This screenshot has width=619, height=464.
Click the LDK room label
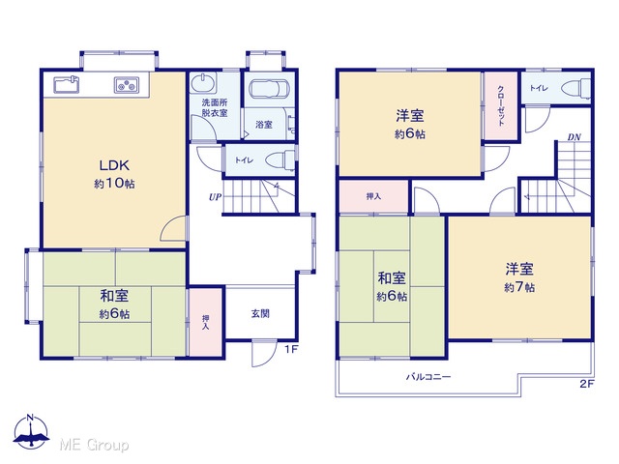114,165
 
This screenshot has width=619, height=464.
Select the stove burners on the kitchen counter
127,85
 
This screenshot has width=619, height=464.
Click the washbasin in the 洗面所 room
203,82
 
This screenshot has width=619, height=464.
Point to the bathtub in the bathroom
269,89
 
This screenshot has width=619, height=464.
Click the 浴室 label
264,125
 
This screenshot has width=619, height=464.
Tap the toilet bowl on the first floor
280,161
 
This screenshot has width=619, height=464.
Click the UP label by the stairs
215,197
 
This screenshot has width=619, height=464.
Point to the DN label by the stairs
574,137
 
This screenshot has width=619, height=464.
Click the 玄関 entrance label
260,313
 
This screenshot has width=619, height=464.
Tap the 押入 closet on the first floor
205,322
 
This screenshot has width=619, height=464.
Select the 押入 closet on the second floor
373,196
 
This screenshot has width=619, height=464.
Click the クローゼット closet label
501,105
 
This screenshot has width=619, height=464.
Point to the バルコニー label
428,377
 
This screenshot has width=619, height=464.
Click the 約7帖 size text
519,287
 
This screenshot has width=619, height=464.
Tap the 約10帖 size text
114,184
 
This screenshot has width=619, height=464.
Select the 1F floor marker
291,349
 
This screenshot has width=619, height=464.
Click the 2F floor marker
587,384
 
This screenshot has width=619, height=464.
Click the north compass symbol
31,431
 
